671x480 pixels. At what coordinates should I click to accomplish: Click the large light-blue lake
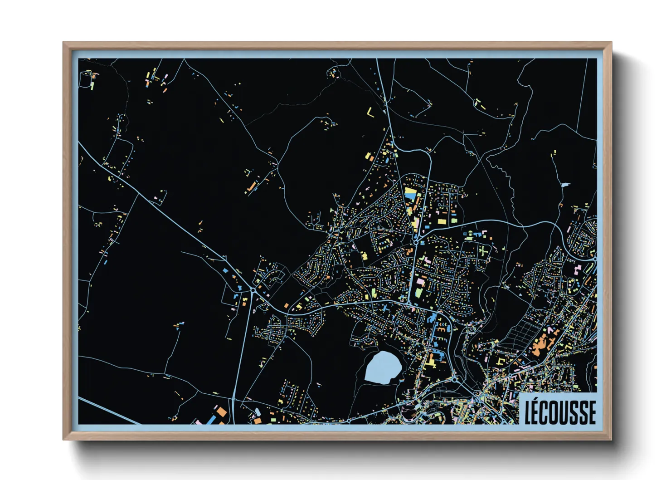coord(383,367)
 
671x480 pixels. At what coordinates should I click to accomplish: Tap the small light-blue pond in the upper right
coord(565,185)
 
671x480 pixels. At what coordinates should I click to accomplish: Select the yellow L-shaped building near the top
coord(371,113)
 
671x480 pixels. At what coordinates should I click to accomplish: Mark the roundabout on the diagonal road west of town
coord(252,289)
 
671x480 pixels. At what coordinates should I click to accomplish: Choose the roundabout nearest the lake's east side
coord(455,379)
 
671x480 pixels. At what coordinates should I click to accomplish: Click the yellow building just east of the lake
coord(429,363)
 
